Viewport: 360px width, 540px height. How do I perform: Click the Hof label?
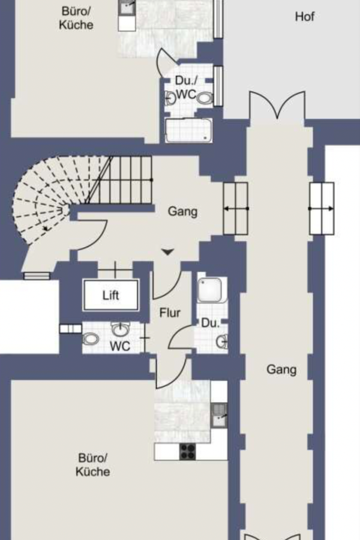[x=305, y=17]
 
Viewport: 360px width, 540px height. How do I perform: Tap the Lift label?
[x=111, y=295]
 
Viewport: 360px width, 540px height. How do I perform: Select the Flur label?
[x=170, y=313]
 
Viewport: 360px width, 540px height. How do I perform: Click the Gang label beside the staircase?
[x=182, y=211]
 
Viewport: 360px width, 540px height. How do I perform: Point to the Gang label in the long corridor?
[x=281, y=370]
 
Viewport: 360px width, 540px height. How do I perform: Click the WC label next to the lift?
[x=120, y=346]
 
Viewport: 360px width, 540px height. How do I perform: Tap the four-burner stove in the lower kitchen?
[x=188, y=451]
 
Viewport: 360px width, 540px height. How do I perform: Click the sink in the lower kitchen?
[x=218, y=415]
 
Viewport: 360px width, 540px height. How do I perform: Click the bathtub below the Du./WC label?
[x=188, y=130]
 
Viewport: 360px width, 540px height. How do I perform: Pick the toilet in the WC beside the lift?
[x=90, y=339]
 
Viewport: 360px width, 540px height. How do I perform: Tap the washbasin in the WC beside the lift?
[x=120, y=330]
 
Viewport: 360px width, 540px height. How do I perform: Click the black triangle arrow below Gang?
[x=168, y=252]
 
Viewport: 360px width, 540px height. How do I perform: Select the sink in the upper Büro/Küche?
[x=127, y=8]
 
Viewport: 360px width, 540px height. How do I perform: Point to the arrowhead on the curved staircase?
[x=46, y=228]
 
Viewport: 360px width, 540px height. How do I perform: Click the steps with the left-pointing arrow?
[x=236, y=208]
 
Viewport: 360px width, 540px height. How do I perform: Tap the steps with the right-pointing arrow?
[x=322, y=208]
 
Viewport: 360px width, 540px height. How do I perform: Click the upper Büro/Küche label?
[x=76, y=18]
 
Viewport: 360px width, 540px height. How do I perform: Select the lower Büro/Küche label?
[x=92, y=464]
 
